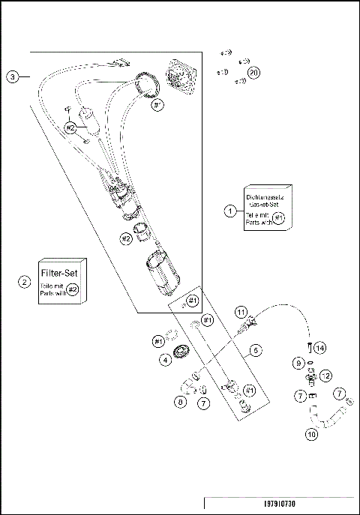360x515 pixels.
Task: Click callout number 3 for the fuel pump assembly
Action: [x=13, y=76]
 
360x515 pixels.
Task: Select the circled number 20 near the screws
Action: [x=253, y=73]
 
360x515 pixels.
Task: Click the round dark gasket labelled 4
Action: [x=180, y=352]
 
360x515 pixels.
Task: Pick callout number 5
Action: [x=255, y=349]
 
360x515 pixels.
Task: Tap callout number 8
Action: [x=179, y=402]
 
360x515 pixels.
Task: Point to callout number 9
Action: [x=298, y=362]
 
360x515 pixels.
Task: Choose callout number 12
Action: [x=325, y=375]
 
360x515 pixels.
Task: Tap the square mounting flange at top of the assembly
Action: [x=180, y=76]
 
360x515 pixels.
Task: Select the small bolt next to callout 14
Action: [x=308, y=347]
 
